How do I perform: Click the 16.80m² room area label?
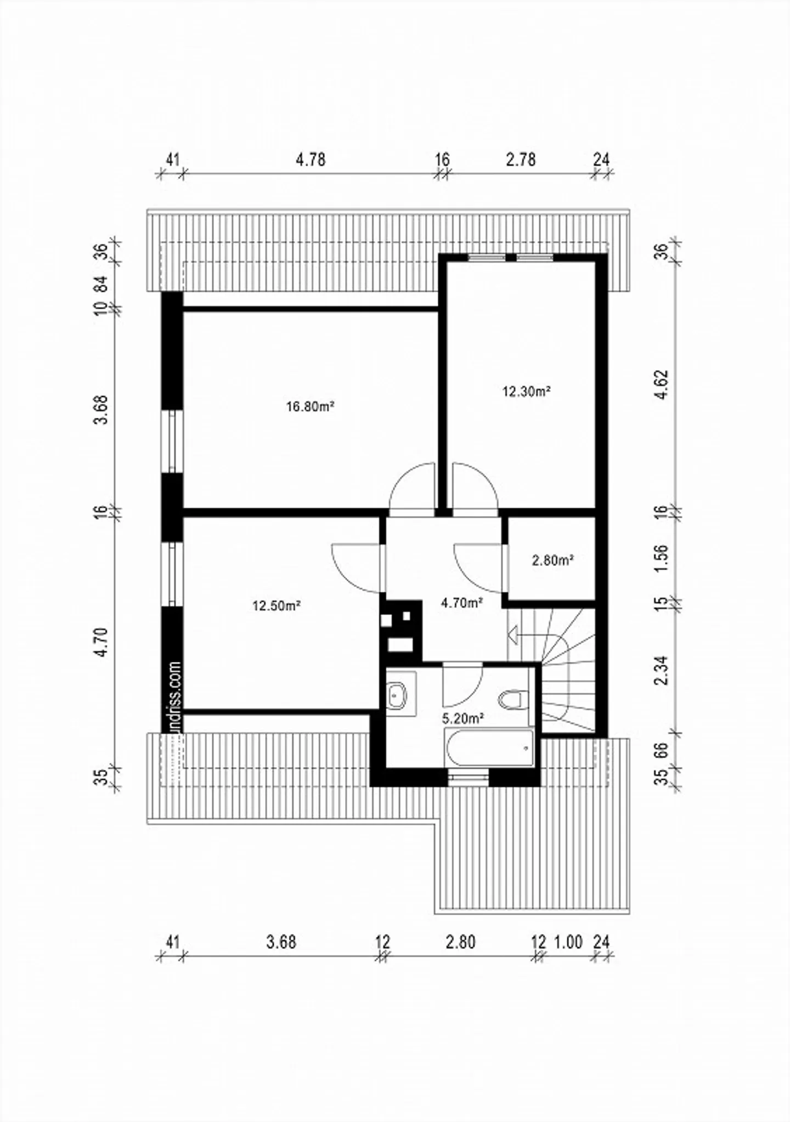tap(310, 407)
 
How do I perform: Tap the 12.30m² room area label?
tap(526, 392)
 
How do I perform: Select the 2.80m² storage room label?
tap(552, 560)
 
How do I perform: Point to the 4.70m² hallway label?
tap(461, 603)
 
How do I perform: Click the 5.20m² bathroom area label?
tap(462, 718)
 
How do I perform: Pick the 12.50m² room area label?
tap(276, 606)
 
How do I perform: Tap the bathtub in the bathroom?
tap(490, 748)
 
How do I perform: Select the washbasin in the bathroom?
tap(396, 695)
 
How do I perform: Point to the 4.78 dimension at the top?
tap(311, 160)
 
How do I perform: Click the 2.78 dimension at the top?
tap(521, 160)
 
